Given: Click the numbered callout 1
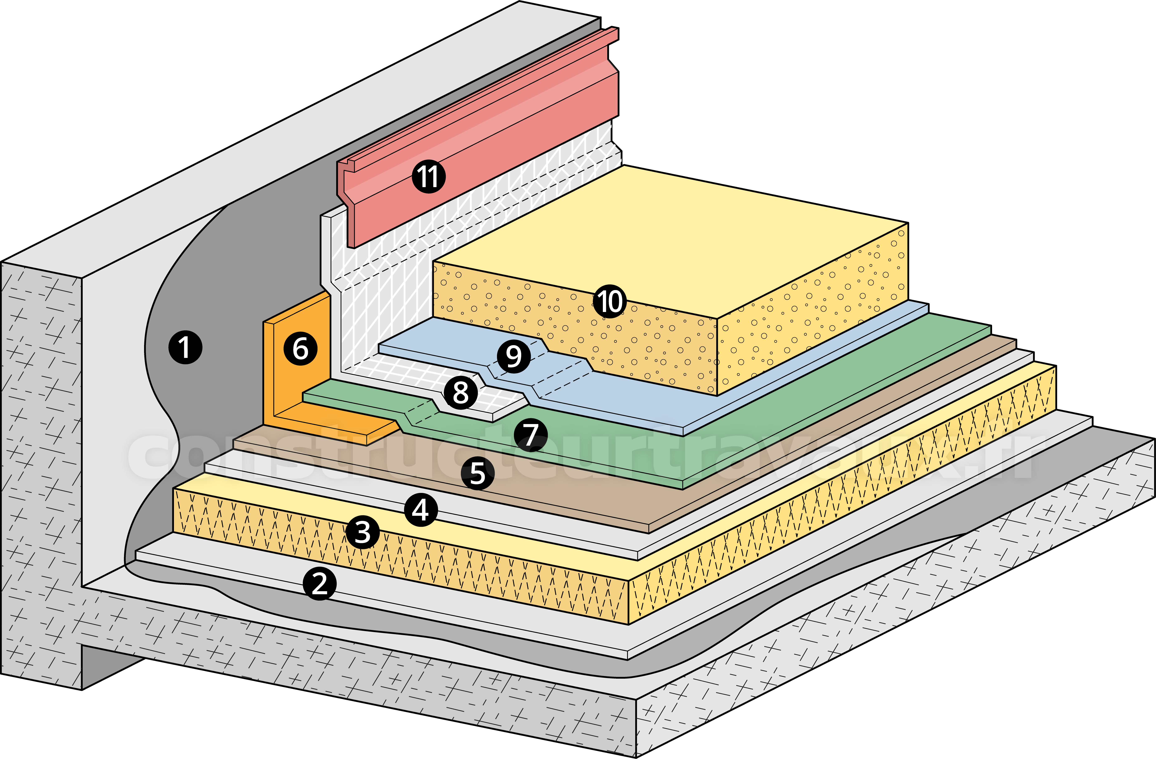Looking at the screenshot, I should [185, 347].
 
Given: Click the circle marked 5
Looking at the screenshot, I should [478, 473].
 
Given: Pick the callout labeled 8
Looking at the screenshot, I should [460, 392].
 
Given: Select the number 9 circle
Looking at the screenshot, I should [513, 356].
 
